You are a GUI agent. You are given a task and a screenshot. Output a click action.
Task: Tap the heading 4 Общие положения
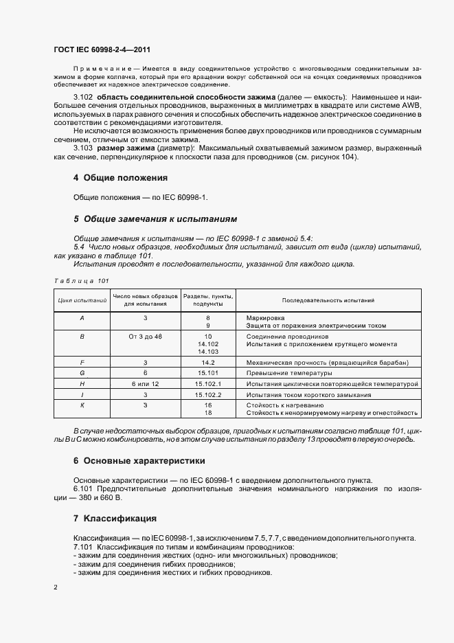[120, 177]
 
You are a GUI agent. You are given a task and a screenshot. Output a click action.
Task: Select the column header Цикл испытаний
[82, 300]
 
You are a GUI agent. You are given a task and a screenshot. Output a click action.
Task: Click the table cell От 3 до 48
[146, 337]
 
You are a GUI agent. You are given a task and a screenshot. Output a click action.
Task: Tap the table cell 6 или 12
[146, 384]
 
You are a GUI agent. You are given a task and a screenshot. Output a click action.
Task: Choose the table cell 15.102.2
[207, 395]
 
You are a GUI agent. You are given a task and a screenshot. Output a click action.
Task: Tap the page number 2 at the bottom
[56, 588]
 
